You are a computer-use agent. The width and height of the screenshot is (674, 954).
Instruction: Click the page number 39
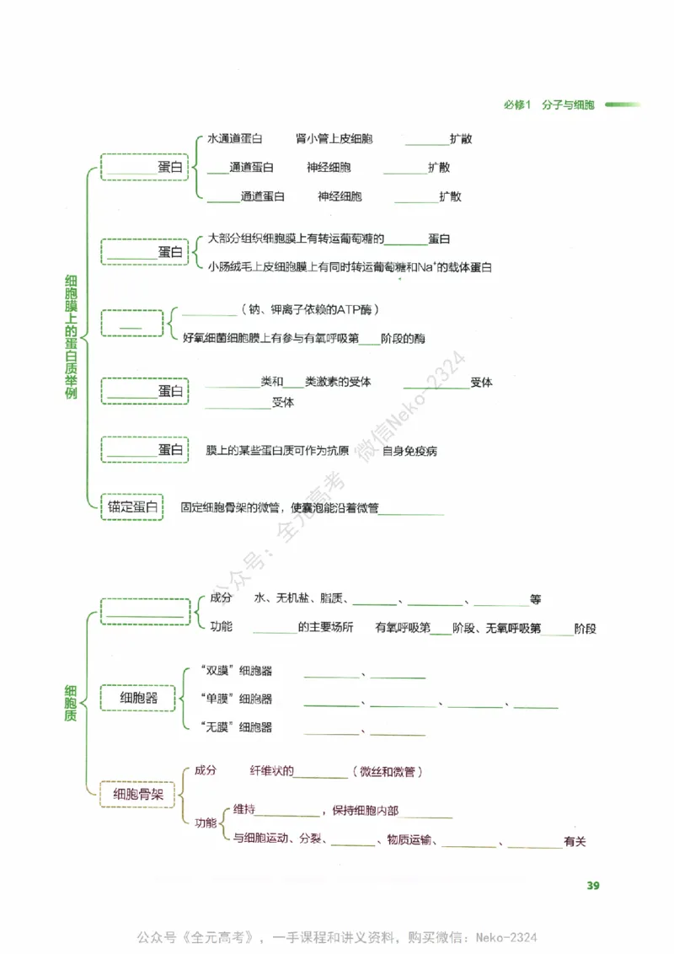[x=592, y=885]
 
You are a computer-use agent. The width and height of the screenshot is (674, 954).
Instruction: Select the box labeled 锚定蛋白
[x=131, y=506]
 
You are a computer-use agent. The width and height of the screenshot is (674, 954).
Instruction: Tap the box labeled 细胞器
[x=138, y=699]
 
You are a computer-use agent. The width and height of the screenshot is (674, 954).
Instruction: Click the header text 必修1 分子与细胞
[x=548, y=105]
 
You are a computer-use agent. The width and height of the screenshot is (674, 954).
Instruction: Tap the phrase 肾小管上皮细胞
[x=334, y=138]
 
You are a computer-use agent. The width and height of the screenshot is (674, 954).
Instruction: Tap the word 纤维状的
[x=271, y=771]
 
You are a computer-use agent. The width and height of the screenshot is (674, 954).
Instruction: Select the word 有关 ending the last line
[x=575, y=841]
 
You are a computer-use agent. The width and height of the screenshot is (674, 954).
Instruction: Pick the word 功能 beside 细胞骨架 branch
[x=206, y=823]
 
